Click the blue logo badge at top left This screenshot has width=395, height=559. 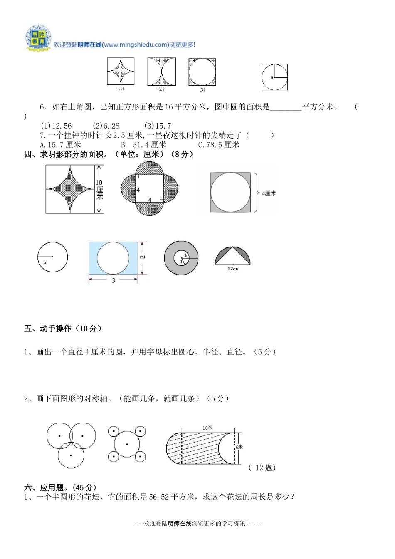[x=38, y=39]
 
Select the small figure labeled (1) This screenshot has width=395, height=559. [x=121, y=71]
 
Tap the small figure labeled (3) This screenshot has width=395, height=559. [x=202, y=72]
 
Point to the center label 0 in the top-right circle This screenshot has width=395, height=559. [x=272, y=78]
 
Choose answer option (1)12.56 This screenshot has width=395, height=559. [x=56, y=126]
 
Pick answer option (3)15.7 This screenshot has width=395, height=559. [x=158, y=126]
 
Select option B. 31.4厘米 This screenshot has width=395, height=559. [x=143, y=145]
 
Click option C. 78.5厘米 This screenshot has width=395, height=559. [x=219, y=145]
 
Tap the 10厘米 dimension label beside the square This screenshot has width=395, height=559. [x=99, y=189]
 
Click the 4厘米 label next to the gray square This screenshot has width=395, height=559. [x=269, y=193]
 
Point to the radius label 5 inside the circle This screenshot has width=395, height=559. [x=45, y=262]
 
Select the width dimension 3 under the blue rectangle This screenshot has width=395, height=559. [x=114, y=281]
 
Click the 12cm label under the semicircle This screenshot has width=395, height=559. [x=233, y=269]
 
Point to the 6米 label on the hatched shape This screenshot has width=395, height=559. [x=239, y=447]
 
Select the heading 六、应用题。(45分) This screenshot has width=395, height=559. [x=60, y=487]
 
